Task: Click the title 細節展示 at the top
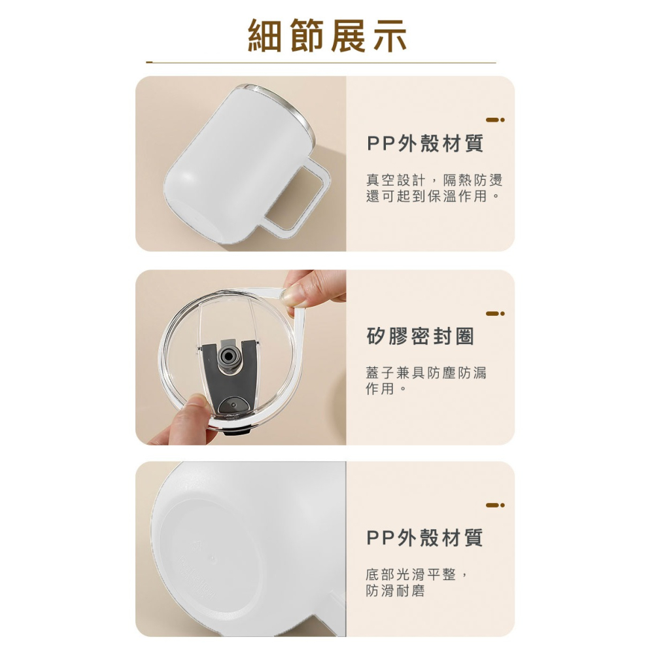pos(327,36)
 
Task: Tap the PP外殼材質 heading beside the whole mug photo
pos(425,143)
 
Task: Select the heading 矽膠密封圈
pos(421,337)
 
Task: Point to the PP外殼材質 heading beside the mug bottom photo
pos(425,538)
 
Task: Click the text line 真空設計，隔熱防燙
pos(434,181)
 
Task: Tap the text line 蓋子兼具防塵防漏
pos(426,373)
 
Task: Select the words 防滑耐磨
pos(395,591)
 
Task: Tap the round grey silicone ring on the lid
pos(228,356)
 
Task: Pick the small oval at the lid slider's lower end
pos(233,405)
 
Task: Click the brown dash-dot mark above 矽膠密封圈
pos(495,313)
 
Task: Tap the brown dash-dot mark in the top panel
pos(495,120)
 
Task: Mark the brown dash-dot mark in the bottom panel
pos(495,505)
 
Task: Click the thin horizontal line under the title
pos(321,63)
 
